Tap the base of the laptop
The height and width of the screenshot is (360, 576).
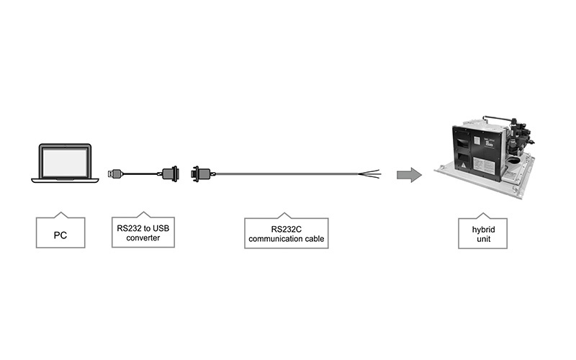pyautogui.click(x=65, y=179)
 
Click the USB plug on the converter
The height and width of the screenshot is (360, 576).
pyautogui.click(x=115, y=173)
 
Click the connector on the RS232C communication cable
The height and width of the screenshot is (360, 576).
pyautogui.click(x=200, y=174)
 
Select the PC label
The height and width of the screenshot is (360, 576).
pyautogui.click(x=60, y=235)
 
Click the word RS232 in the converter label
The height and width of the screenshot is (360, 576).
pyautogui.click(x=129, y=228)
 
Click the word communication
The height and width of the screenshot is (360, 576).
pyautogui.click(x=274, y=239)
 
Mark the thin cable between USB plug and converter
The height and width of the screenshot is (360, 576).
pyautogui.click(x=143, y=174)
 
